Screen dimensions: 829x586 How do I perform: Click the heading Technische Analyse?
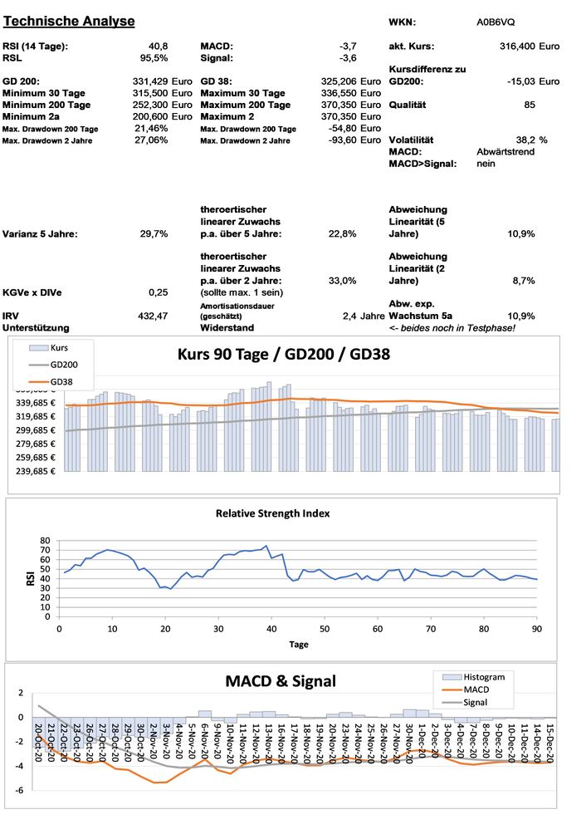[69, 21]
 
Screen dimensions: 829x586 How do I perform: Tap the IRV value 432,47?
[153, 316]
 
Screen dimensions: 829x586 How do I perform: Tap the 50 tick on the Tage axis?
[325, 628]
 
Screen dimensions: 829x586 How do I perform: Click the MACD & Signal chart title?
[281, 681]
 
